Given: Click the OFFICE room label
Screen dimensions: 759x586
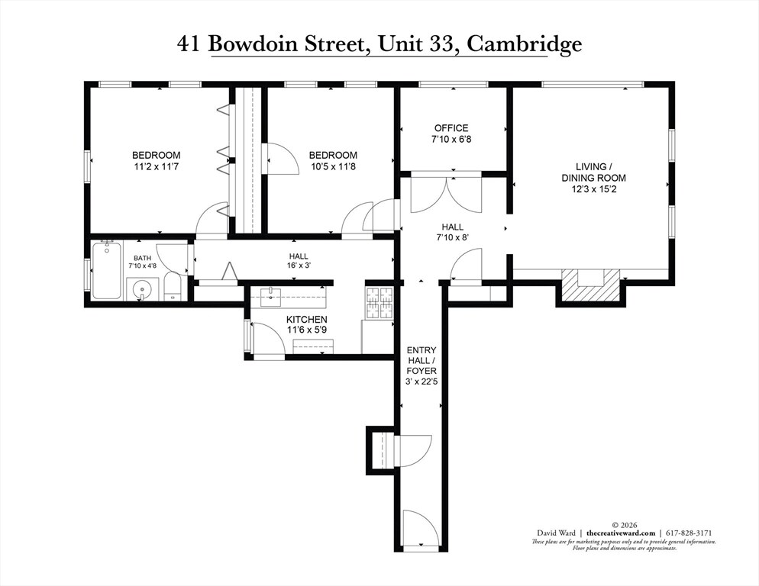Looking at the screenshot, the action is [451, 128].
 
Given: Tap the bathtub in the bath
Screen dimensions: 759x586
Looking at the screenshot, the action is [106, 271].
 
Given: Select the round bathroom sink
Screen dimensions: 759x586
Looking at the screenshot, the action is [142, 289].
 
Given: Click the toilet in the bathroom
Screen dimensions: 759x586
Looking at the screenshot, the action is [173, 286].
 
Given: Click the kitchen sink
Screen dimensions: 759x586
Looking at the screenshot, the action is [270, 297].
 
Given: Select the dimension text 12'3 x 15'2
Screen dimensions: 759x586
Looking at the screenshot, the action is [593, 189].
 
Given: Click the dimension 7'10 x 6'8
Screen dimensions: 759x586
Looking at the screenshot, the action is [451, 140].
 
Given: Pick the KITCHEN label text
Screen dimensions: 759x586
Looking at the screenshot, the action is [307, 320].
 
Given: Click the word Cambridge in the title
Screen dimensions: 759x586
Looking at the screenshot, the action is [525, 44].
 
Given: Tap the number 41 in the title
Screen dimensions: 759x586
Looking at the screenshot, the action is [188, 43].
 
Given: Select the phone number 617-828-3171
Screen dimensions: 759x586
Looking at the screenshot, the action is [690, 533].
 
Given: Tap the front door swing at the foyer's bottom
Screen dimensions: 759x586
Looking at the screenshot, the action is [421, 529].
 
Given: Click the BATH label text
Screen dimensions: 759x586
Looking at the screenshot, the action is [142, 259].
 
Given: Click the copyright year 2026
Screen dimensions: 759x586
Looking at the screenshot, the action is [625, 525].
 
